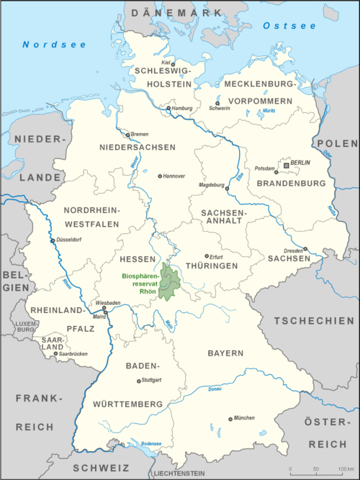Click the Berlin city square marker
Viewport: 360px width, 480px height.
tap(287, 165)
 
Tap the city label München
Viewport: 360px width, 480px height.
tap(243, 417)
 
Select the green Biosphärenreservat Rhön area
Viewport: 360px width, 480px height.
tap(170, 282)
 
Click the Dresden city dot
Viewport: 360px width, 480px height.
tap(305, 250)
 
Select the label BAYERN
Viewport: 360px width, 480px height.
tap(227, 354)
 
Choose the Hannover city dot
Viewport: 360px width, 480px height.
tap(160, 176)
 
